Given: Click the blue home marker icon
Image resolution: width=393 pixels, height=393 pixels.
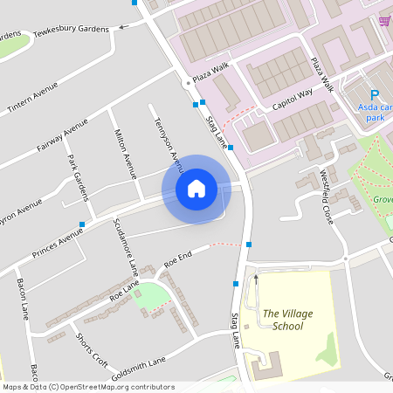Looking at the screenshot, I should click(196, 189).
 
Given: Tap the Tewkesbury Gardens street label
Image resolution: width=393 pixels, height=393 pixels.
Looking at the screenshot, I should click(72, 31).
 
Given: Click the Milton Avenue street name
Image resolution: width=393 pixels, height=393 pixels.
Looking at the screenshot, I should click(127, 154).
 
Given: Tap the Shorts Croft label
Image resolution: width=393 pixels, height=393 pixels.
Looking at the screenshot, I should click(92, 349).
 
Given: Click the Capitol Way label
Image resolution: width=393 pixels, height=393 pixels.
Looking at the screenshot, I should click(291, 97).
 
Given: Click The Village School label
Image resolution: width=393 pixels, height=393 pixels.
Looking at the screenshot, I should click(287, 320).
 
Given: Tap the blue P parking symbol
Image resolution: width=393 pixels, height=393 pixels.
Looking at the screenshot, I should click(375, 95).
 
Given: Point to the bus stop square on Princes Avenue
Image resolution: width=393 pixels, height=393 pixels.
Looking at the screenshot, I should click(82, 224).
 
